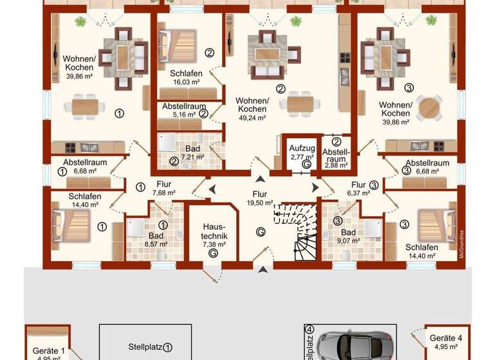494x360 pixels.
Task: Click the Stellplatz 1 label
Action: coord(146,346)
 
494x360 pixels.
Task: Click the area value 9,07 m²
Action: coord(349,242)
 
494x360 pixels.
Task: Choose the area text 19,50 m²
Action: coord(259,201)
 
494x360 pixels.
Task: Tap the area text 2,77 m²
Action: coord(300,156)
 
